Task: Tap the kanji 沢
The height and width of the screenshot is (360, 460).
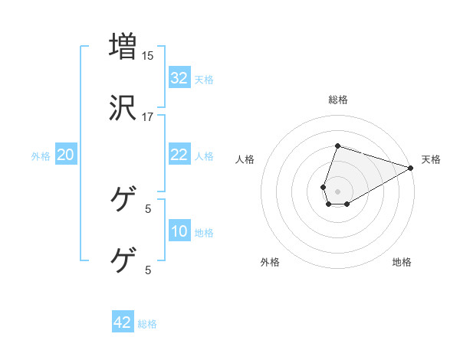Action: tap(123, 108)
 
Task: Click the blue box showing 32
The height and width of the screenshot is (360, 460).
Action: tap(179, 77)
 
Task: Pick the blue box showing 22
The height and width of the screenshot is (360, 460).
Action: tap(179, 155)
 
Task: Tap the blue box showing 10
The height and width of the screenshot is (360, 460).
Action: tap(179, 231)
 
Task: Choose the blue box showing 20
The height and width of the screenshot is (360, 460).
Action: tap(66, 155)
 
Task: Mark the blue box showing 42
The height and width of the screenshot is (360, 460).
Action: tap(123, 322)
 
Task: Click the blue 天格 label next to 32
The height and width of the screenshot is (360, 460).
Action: tap(204, 79)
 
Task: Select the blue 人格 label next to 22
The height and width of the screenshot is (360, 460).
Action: tap(204, 156)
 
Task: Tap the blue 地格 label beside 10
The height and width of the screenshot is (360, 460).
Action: tap(204, 233)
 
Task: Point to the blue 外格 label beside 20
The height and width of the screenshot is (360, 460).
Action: tap(41, 156)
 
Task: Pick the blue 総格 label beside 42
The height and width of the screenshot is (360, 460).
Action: tap(147, 324)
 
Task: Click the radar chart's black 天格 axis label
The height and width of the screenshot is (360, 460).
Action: tap(431, 159)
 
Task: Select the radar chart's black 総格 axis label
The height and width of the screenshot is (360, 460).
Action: tap(338, 100)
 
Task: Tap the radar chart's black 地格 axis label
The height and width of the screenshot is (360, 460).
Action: tap(402, 262)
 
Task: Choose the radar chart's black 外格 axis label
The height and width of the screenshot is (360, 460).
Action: tap(270, 262)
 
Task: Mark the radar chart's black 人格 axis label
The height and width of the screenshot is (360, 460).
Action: tap(245, 159)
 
